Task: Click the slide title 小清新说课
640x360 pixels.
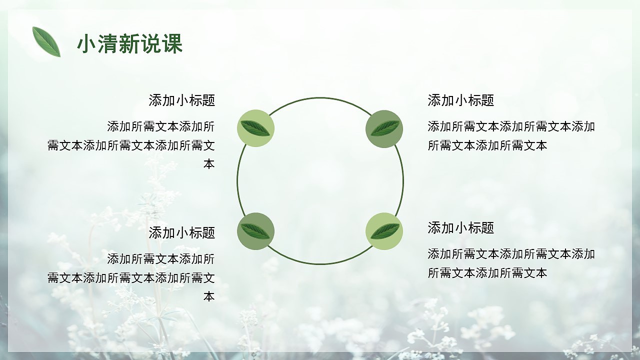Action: point(129,44)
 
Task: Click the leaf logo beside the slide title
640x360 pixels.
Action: point(46,41)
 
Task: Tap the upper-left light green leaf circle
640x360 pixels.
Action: point(255,128)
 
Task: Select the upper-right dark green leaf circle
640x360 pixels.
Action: point(384,128)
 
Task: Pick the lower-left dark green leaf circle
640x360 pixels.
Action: point(255,231)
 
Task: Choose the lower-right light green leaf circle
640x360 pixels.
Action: point(384,231)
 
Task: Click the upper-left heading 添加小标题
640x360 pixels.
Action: point(181,100)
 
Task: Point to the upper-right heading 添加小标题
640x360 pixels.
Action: point(460,100)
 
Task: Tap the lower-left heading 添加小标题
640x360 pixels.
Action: point(181,232)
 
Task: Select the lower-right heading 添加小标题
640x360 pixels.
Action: point(460,228)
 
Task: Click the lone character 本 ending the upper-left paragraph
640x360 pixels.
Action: point(209,164)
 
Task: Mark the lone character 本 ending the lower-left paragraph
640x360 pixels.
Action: point(209,296)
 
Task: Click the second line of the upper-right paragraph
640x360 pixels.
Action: point(487,145)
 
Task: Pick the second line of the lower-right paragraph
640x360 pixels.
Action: point(487,273)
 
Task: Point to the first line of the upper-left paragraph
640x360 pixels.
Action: point(160,126)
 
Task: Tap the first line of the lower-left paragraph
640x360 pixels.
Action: point(160,259)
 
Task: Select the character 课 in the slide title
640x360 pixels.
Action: point(172,44)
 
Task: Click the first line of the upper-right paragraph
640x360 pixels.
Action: point(511,126)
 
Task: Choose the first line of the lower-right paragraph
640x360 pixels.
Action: point(511,254)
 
